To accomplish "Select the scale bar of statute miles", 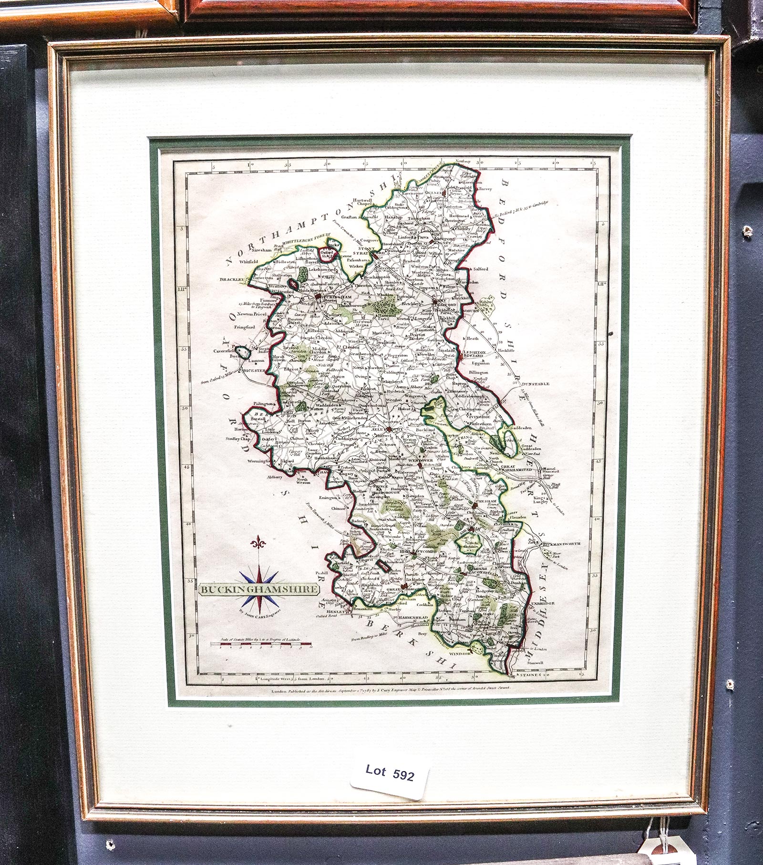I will click(x=262, y=646).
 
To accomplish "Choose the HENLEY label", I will click(x=335, y=611).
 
